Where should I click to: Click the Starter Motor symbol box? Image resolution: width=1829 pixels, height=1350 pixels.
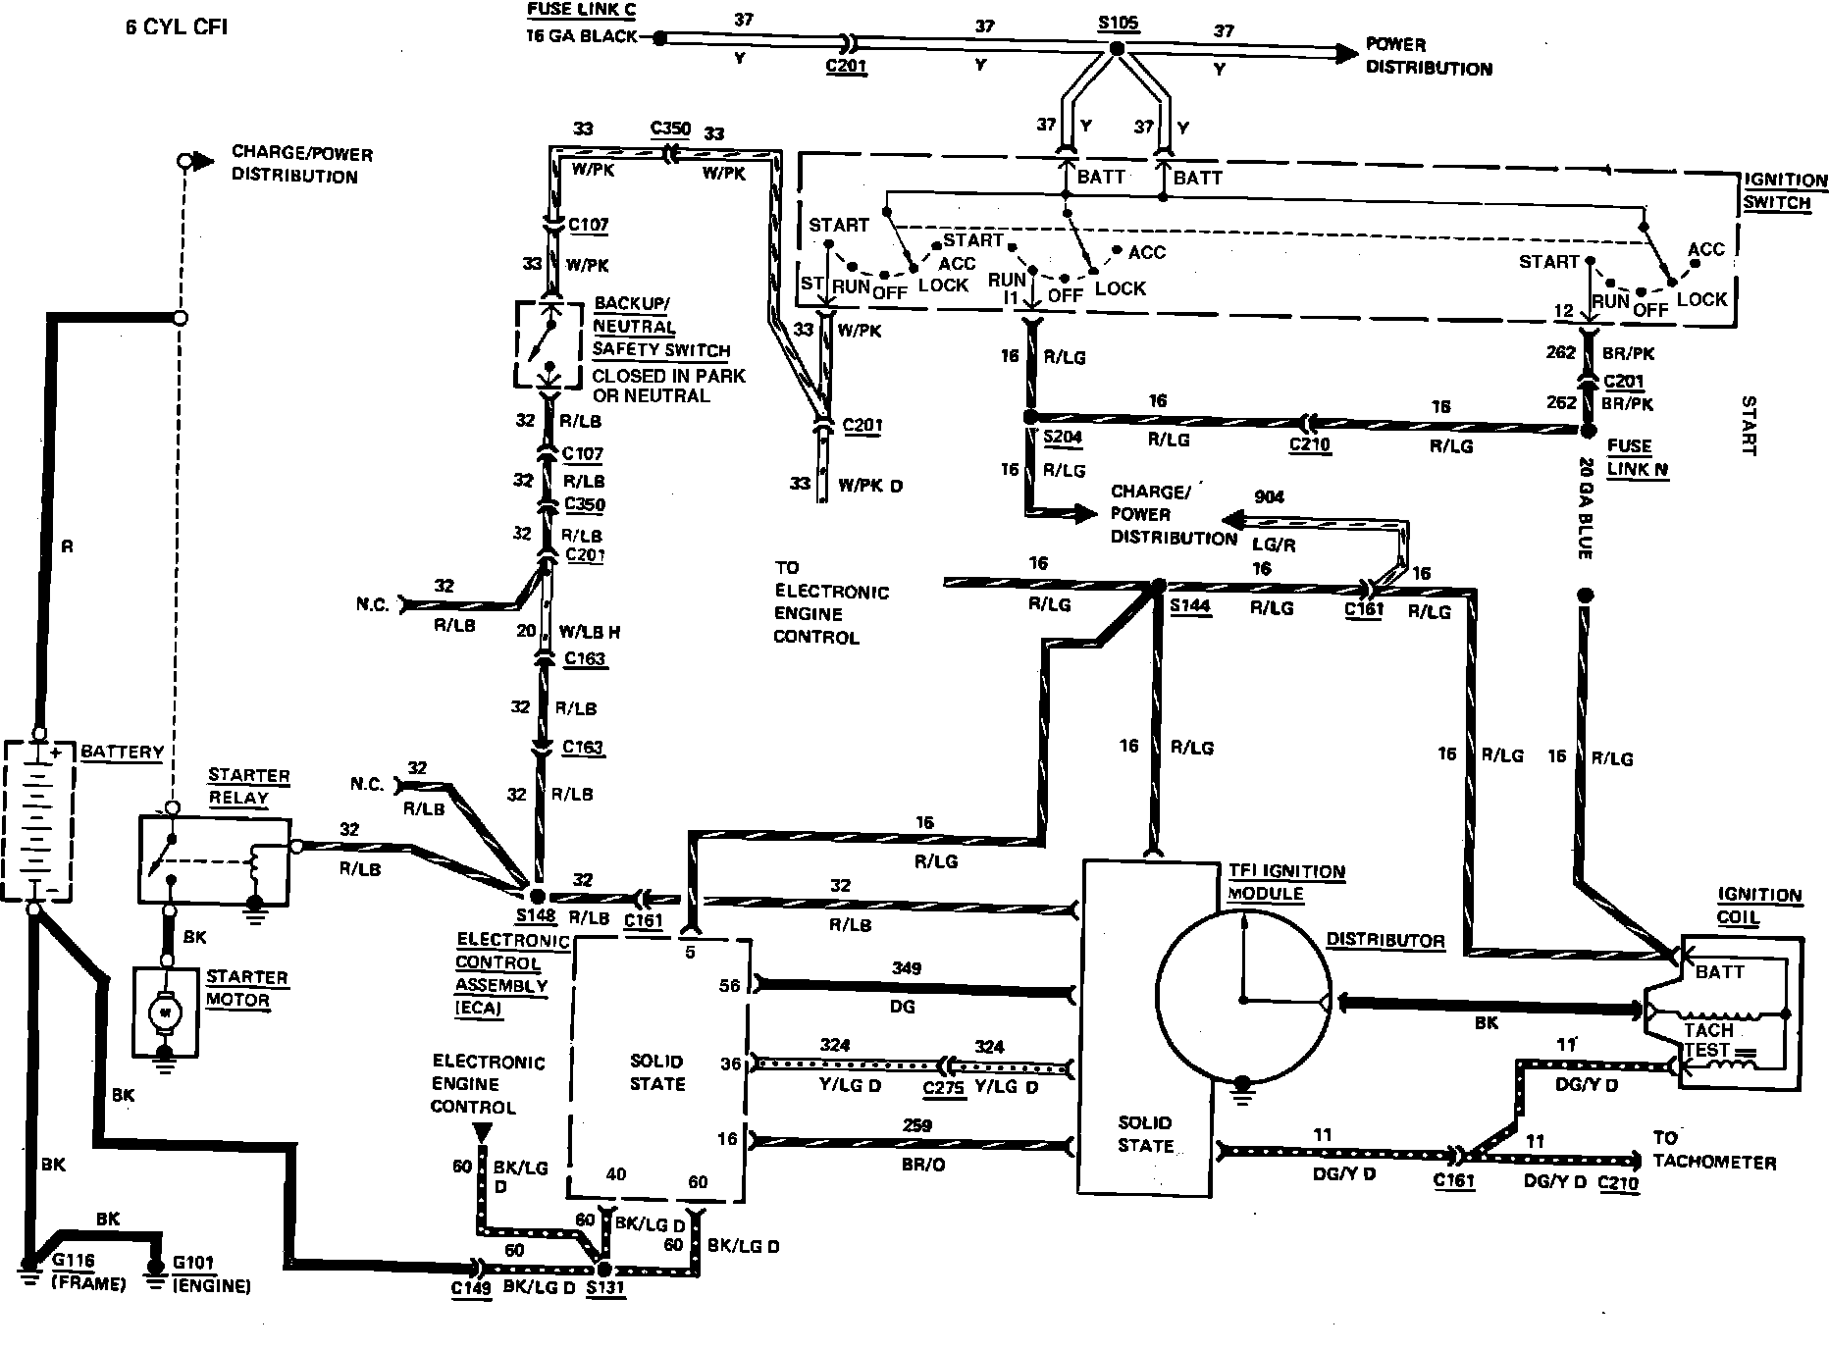[166, 1010]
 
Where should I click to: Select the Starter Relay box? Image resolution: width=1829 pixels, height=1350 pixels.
[215, 857]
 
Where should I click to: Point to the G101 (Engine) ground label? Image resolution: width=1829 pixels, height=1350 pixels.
[211, 1273]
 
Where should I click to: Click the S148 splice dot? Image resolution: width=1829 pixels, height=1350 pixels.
[537, 896]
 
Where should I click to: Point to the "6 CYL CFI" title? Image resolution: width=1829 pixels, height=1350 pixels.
[176, 26]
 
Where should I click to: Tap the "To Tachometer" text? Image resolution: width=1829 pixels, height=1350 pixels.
[1713, 1150]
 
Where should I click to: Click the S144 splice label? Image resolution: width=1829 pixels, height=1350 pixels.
[1190, 605]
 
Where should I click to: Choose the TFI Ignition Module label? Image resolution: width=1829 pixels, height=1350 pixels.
[1286, 882]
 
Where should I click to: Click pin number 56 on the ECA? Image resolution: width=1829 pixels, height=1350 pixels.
[729, 986]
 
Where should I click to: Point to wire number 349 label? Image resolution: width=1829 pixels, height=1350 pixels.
[906, 968]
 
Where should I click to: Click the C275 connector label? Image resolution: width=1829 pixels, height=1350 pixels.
[944, 1088]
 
